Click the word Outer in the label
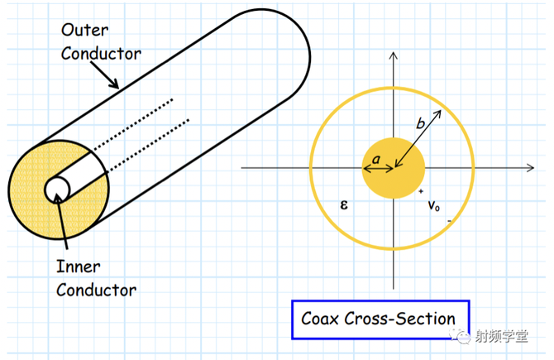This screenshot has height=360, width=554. pos(84,31)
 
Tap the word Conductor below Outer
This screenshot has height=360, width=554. pos(101,54)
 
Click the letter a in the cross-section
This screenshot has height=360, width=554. pos(376,156)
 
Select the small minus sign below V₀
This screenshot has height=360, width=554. pos(449,222)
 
